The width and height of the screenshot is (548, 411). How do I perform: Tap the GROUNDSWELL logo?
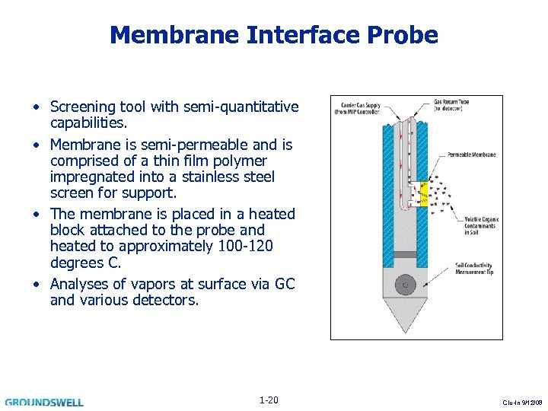tap(44, 402)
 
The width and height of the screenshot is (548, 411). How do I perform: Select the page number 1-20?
tap(269, 400)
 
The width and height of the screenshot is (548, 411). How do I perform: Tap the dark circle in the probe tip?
tap(404, 285)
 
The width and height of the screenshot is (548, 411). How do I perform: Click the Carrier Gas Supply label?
tap(358, 107)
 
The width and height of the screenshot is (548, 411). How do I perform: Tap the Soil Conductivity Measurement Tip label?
tap(476, 268)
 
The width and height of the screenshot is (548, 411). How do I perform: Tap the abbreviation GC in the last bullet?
tap(285, 284)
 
